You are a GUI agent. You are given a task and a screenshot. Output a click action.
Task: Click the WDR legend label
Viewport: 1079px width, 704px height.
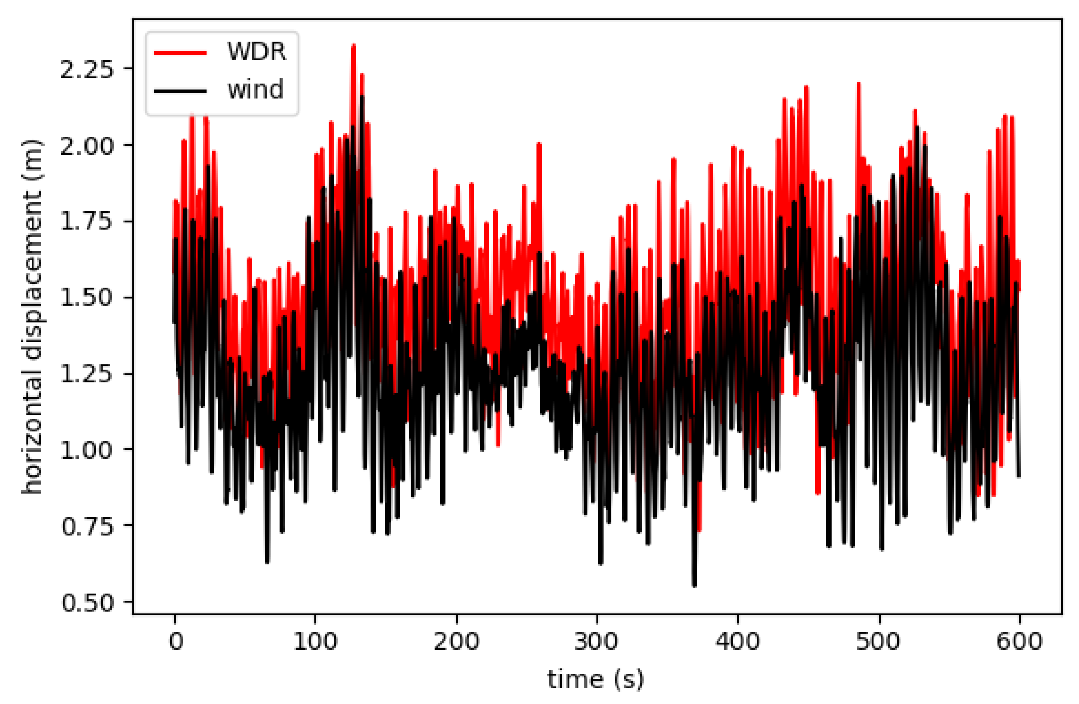click(256, 52)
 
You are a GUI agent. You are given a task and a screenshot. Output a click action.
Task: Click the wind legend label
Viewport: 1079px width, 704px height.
click(255, 90)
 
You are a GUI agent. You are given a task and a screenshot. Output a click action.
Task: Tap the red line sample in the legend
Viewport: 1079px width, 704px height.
click(180, 53)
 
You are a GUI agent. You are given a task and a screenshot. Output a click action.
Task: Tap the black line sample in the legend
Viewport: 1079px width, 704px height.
click(180, 91)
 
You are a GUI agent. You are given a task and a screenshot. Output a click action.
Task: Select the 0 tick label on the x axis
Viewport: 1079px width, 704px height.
click(176, 641)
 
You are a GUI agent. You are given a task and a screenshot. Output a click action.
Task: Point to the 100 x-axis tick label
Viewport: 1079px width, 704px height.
click(315, 641)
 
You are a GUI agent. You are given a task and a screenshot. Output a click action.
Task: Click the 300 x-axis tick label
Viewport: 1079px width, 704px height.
click(597, 641)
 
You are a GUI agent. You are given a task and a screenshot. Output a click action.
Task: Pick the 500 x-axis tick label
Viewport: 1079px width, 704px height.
click(879, 641)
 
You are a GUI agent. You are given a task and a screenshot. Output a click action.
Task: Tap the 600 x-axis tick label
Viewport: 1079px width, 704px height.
click(1019, 641)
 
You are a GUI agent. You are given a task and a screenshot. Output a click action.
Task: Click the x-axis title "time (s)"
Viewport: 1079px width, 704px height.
click(596, 679)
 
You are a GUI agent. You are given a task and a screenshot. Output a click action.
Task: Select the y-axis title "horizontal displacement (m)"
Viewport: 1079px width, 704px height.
click(32, 316)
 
